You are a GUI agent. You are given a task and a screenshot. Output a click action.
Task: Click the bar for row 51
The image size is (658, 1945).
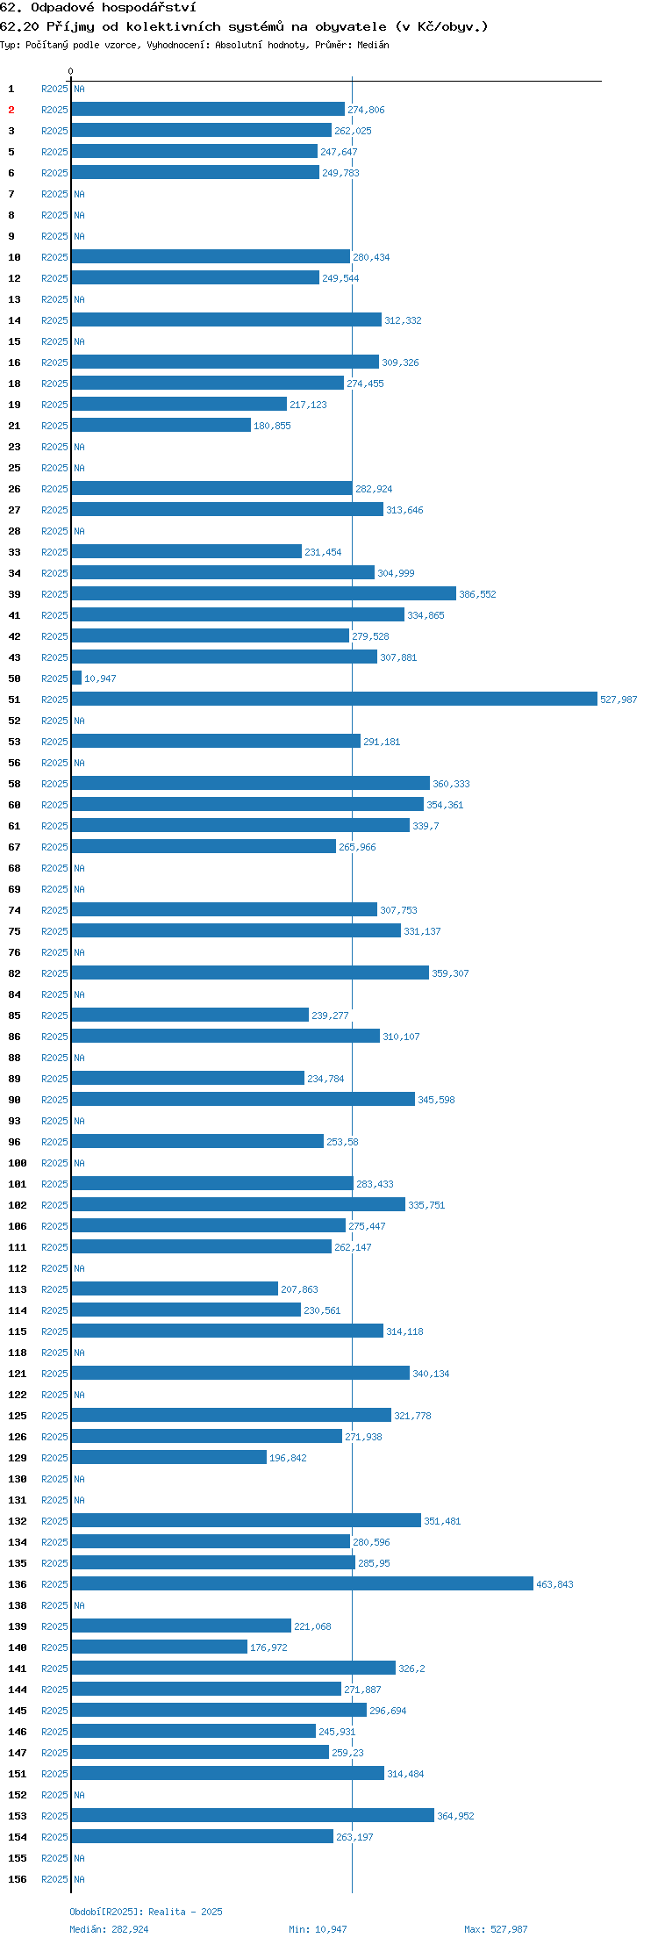coord(334,699)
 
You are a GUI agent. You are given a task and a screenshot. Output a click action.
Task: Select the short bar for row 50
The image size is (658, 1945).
coord(76,678)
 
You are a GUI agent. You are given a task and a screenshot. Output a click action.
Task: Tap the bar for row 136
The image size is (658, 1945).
coord(303,1583)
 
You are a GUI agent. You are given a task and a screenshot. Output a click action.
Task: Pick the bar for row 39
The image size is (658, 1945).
coord(264,593)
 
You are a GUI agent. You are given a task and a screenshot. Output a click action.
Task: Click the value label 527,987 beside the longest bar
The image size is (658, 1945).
coord(619,700)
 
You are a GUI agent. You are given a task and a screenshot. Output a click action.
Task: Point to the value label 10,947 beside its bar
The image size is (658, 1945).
coord(100,678)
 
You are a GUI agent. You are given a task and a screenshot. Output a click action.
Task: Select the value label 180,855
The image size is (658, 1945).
coord(272,426)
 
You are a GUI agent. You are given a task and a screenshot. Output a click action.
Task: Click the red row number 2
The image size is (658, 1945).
coord(11,110)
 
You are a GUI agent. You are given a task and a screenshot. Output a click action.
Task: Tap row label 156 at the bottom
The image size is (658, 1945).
coord(18,1879)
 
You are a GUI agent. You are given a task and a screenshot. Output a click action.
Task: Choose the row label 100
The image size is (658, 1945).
coord(18,1163)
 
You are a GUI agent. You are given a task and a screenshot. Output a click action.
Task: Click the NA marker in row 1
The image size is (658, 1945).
coord(79,89)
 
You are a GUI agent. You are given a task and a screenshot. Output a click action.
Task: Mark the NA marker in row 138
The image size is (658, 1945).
coord(79,1605)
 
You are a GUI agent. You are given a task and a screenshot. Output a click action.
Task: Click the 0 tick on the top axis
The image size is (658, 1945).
coord(71,71)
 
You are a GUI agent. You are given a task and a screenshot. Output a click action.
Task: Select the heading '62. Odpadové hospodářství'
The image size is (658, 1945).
coord(98,8)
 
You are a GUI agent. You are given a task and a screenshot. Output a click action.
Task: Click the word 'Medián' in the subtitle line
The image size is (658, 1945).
coord(373,45)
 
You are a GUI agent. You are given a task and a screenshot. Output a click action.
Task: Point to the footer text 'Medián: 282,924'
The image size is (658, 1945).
coord(109,1929)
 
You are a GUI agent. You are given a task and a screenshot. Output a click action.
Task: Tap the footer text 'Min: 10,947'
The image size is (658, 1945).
coord(318,1929)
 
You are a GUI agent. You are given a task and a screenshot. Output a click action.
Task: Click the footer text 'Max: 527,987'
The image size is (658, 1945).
coord(496,1929)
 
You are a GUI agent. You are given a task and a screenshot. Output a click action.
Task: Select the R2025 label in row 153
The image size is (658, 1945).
coord(54,1816)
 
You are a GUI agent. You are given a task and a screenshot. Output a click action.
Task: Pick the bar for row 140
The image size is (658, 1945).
coord(160,1647)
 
